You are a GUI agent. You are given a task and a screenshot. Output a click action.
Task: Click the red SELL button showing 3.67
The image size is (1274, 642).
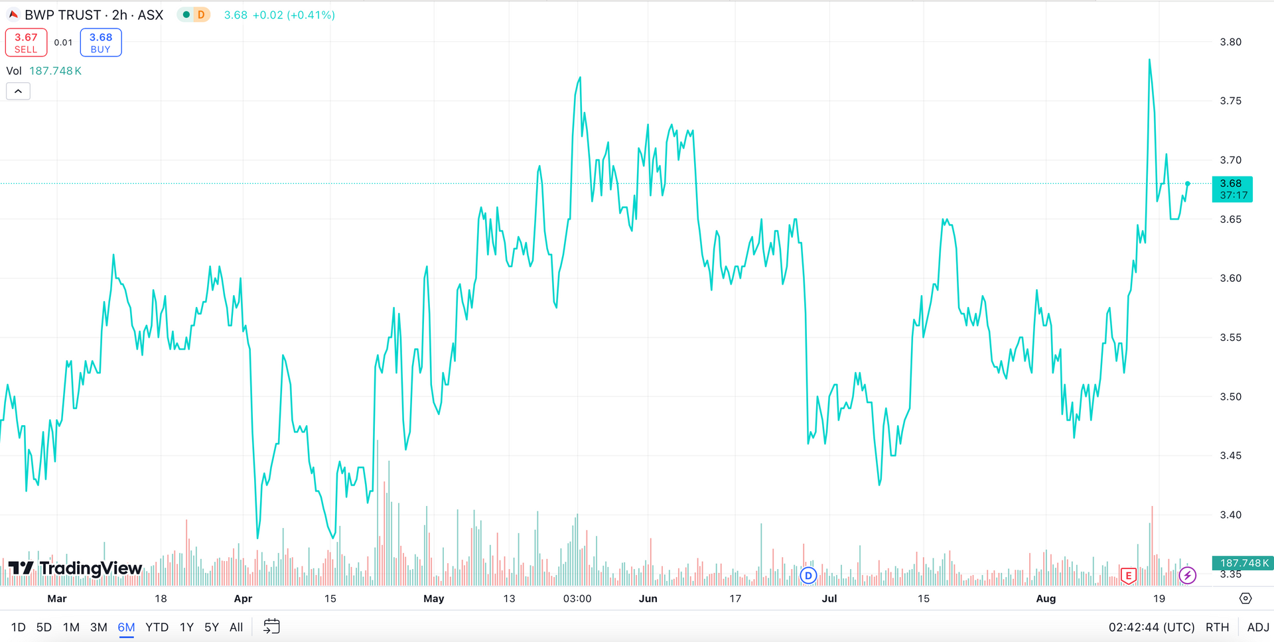coord(26,42)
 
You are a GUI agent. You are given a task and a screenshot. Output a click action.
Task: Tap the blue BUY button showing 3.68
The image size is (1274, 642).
coord(101,42)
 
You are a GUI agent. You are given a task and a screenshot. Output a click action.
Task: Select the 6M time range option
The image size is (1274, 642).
coord(126,627)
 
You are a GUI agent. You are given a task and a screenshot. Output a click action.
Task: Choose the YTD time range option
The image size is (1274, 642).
coord(157,627)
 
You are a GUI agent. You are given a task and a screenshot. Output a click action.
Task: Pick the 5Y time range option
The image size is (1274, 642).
coord(211,627)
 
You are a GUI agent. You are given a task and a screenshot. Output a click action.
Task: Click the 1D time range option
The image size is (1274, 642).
coord(18,627)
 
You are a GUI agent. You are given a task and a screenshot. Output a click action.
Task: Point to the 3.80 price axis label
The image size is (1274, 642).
coord(1230,42)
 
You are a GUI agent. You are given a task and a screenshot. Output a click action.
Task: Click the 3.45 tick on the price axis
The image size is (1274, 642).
coord(1230,456)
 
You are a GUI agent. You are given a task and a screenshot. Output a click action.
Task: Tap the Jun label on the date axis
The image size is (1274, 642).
coord(648,598)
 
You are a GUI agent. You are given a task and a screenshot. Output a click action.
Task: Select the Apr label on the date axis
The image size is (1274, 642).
coord(243,598)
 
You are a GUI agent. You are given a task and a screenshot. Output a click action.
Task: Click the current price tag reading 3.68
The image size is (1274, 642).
coord(1232,189)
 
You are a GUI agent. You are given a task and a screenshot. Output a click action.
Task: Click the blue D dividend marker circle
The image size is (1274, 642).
coord(808,575)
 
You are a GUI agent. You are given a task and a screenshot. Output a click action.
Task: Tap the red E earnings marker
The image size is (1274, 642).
coord(1128,575)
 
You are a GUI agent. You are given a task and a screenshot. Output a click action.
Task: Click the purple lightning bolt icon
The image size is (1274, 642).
coord(1187,575)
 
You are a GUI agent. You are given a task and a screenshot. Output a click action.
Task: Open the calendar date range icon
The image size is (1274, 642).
coord(271,627)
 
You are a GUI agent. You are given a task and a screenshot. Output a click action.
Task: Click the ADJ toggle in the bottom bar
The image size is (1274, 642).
coord(1257,627)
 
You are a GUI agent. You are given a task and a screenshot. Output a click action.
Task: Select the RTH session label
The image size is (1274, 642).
coord(1217,627)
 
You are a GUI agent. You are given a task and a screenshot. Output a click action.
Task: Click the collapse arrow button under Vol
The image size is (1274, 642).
coord(18,92)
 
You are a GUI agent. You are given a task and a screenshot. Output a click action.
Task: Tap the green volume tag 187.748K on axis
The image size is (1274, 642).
coord(1241,563)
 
